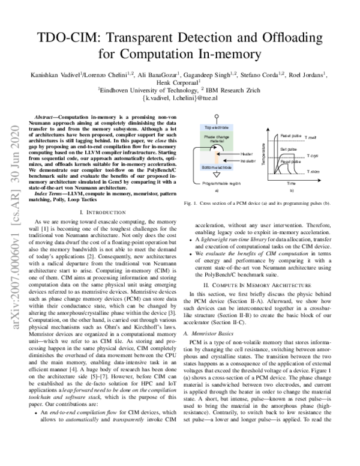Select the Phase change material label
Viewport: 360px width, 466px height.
point(215,140)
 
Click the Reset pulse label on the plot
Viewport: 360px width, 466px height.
point(290,136)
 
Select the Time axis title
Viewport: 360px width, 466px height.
point(291,183)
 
